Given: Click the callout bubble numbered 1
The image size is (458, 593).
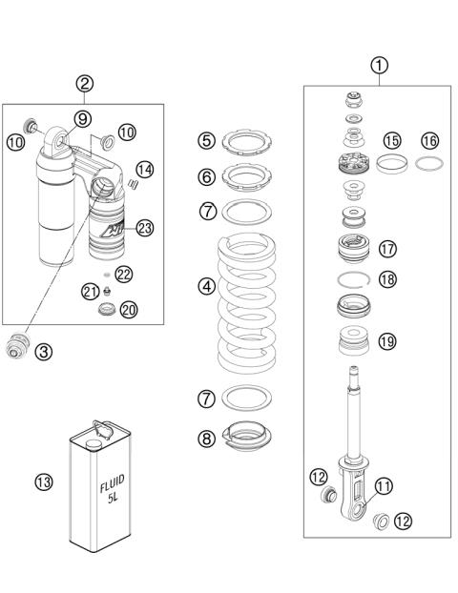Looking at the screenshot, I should click(380, 66).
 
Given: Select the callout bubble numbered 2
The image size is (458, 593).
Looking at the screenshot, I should click(85, 83).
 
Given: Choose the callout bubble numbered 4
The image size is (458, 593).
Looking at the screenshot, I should click(206, 285).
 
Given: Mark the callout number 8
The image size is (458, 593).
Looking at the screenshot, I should click(207, 440).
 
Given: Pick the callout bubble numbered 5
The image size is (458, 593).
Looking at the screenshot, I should click(207, 141).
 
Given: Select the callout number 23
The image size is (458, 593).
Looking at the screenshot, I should click(144, 227).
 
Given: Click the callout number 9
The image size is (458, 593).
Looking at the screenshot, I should click(81, 118).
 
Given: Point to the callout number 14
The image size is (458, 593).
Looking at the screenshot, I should click(144, 168).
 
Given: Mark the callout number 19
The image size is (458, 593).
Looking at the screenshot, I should click(387, 340).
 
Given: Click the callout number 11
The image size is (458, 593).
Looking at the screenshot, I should click(383, 485).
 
